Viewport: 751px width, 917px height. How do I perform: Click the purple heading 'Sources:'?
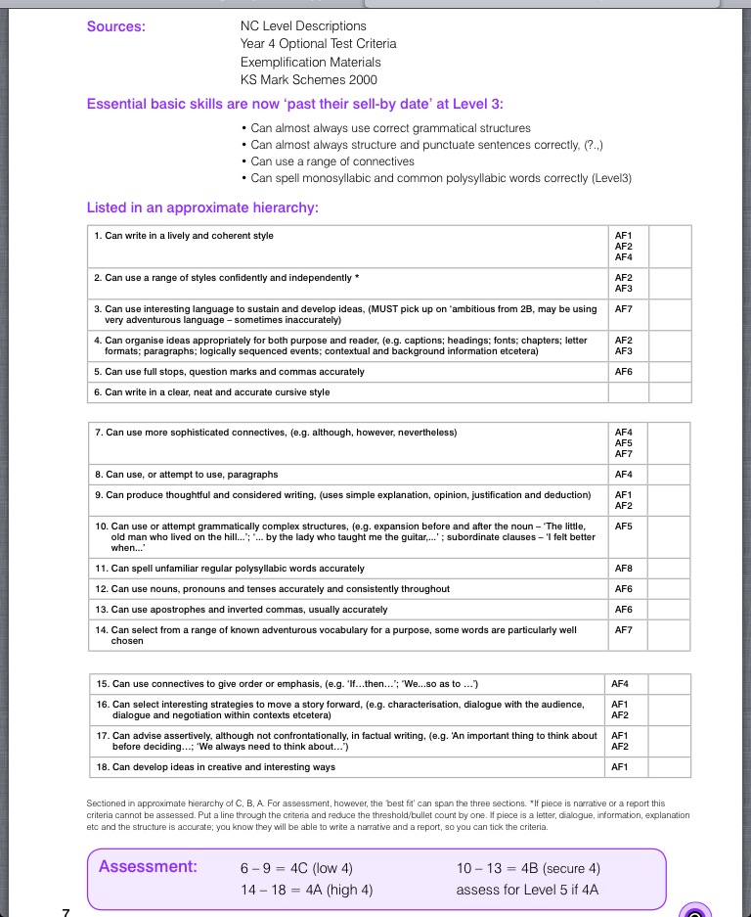point(116,26)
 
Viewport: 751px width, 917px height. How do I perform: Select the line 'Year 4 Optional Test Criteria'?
point(318,44)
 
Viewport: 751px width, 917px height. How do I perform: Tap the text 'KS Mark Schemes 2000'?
point(308,80)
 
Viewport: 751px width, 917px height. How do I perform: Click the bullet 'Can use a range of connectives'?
point(332,161)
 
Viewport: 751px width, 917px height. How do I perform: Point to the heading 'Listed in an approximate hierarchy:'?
point(202,207)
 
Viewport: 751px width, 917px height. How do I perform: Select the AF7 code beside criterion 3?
point(623,309)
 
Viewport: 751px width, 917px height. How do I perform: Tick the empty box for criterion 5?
point(670,372)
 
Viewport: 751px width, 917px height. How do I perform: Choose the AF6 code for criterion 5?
point(623,372)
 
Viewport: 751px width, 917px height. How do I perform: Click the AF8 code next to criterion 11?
point(623,569)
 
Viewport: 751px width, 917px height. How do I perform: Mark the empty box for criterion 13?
point(670,610)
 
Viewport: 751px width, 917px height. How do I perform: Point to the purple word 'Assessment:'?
point(148,867)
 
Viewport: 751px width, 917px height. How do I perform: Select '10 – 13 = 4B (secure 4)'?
point(528,868)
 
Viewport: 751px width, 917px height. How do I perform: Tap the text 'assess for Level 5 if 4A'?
point(527,890)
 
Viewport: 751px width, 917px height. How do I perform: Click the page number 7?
point(66,911)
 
